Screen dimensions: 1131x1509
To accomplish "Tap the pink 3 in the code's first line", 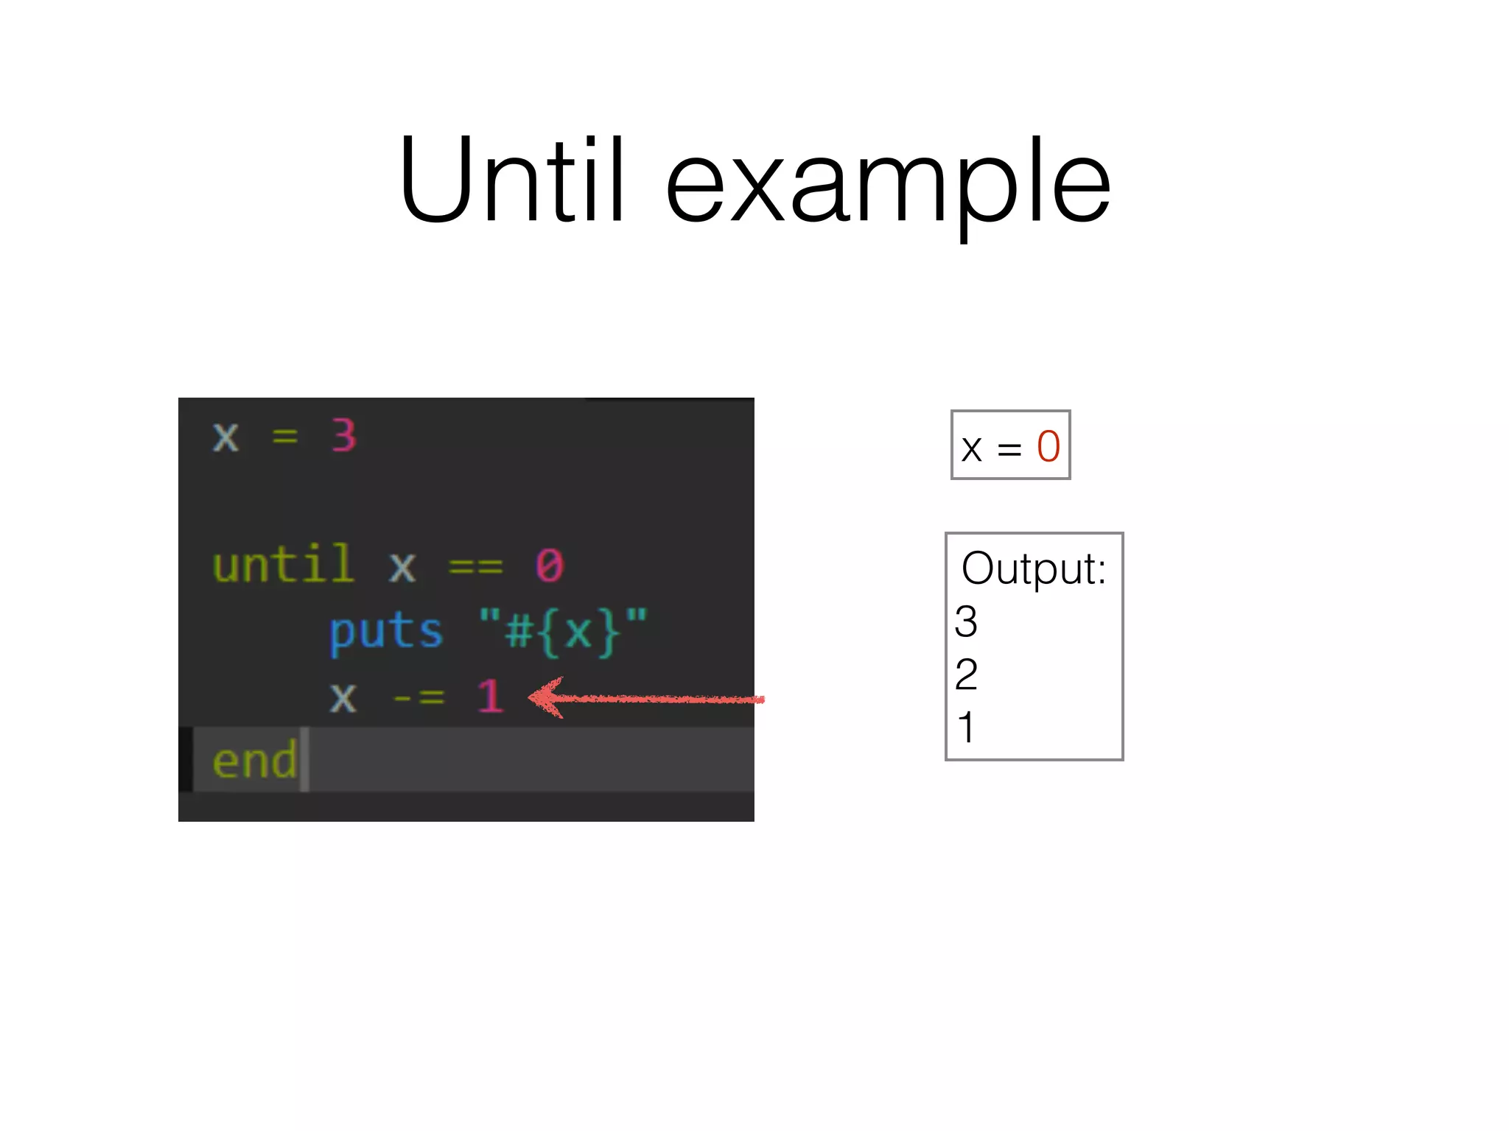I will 344,435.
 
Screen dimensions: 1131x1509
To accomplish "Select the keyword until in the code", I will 284,565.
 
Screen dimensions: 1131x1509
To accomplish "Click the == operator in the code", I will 476,566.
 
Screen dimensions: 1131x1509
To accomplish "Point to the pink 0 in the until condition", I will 550,565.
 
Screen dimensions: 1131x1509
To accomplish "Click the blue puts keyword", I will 386,633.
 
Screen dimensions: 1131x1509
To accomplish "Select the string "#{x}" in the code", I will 563,632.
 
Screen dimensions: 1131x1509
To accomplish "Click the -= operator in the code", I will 419,697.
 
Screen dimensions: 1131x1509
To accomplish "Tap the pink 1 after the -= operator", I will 490,696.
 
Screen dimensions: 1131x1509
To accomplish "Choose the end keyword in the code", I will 254,761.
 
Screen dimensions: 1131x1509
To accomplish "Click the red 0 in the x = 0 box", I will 1048,446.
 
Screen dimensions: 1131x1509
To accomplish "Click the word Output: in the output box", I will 1034,568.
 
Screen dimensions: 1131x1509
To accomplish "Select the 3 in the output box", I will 966,621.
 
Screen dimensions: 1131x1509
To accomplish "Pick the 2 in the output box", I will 966,674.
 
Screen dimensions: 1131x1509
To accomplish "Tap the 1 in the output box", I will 966,727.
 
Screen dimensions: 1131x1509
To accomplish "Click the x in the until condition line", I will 402,566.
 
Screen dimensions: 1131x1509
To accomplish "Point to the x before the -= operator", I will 343,697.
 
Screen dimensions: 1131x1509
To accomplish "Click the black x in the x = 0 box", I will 972,448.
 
